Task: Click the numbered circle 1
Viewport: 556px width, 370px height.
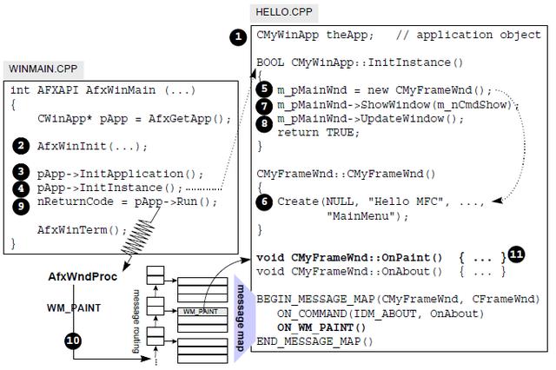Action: tap(237, 36)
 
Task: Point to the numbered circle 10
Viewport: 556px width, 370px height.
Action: tap(72, 340)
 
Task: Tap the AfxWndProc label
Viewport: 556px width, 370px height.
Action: tap(82, 276)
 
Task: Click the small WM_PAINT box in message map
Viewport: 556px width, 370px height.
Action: tap(199, 310)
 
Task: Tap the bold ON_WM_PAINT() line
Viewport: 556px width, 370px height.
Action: tap(321, 327)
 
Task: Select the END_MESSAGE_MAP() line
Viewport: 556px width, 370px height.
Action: tap(314, 340)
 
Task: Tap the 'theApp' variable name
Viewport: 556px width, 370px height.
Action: tap(353, 36)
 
